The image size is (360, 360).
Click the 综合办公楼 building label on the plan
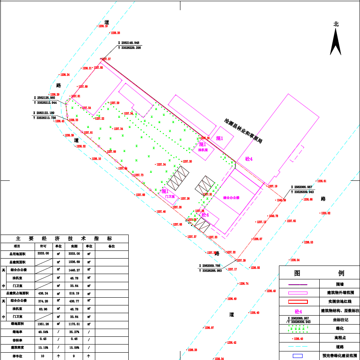click(231, 198)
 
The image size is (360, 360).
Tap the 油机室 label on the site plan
click(203, 150)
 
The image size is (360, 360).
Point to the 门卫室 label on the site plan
click(170, 196)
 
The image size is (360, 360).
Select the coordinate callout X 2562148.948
click(129, 43)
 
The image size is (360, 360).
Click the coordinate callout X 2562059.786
click(210, 266)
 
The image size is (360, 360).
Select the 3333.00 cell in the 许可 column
click(43, 253)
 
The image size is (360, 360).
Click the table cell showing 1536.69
click(75, 262)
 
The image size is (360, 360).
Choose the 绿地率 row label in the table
click(17, 332)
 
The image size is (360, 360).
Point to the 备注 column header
click(112, 246)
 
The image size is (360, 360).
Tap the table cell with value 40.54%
click(43, 332)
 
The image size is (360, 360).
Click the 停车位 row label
click(17, 356)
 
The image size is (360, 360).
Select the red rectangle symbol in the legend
click(297, 302)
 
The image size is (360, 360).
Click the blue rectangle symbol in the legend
click(297, 356)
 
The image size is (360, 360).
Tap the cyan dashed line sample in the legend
click(297, 347)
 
